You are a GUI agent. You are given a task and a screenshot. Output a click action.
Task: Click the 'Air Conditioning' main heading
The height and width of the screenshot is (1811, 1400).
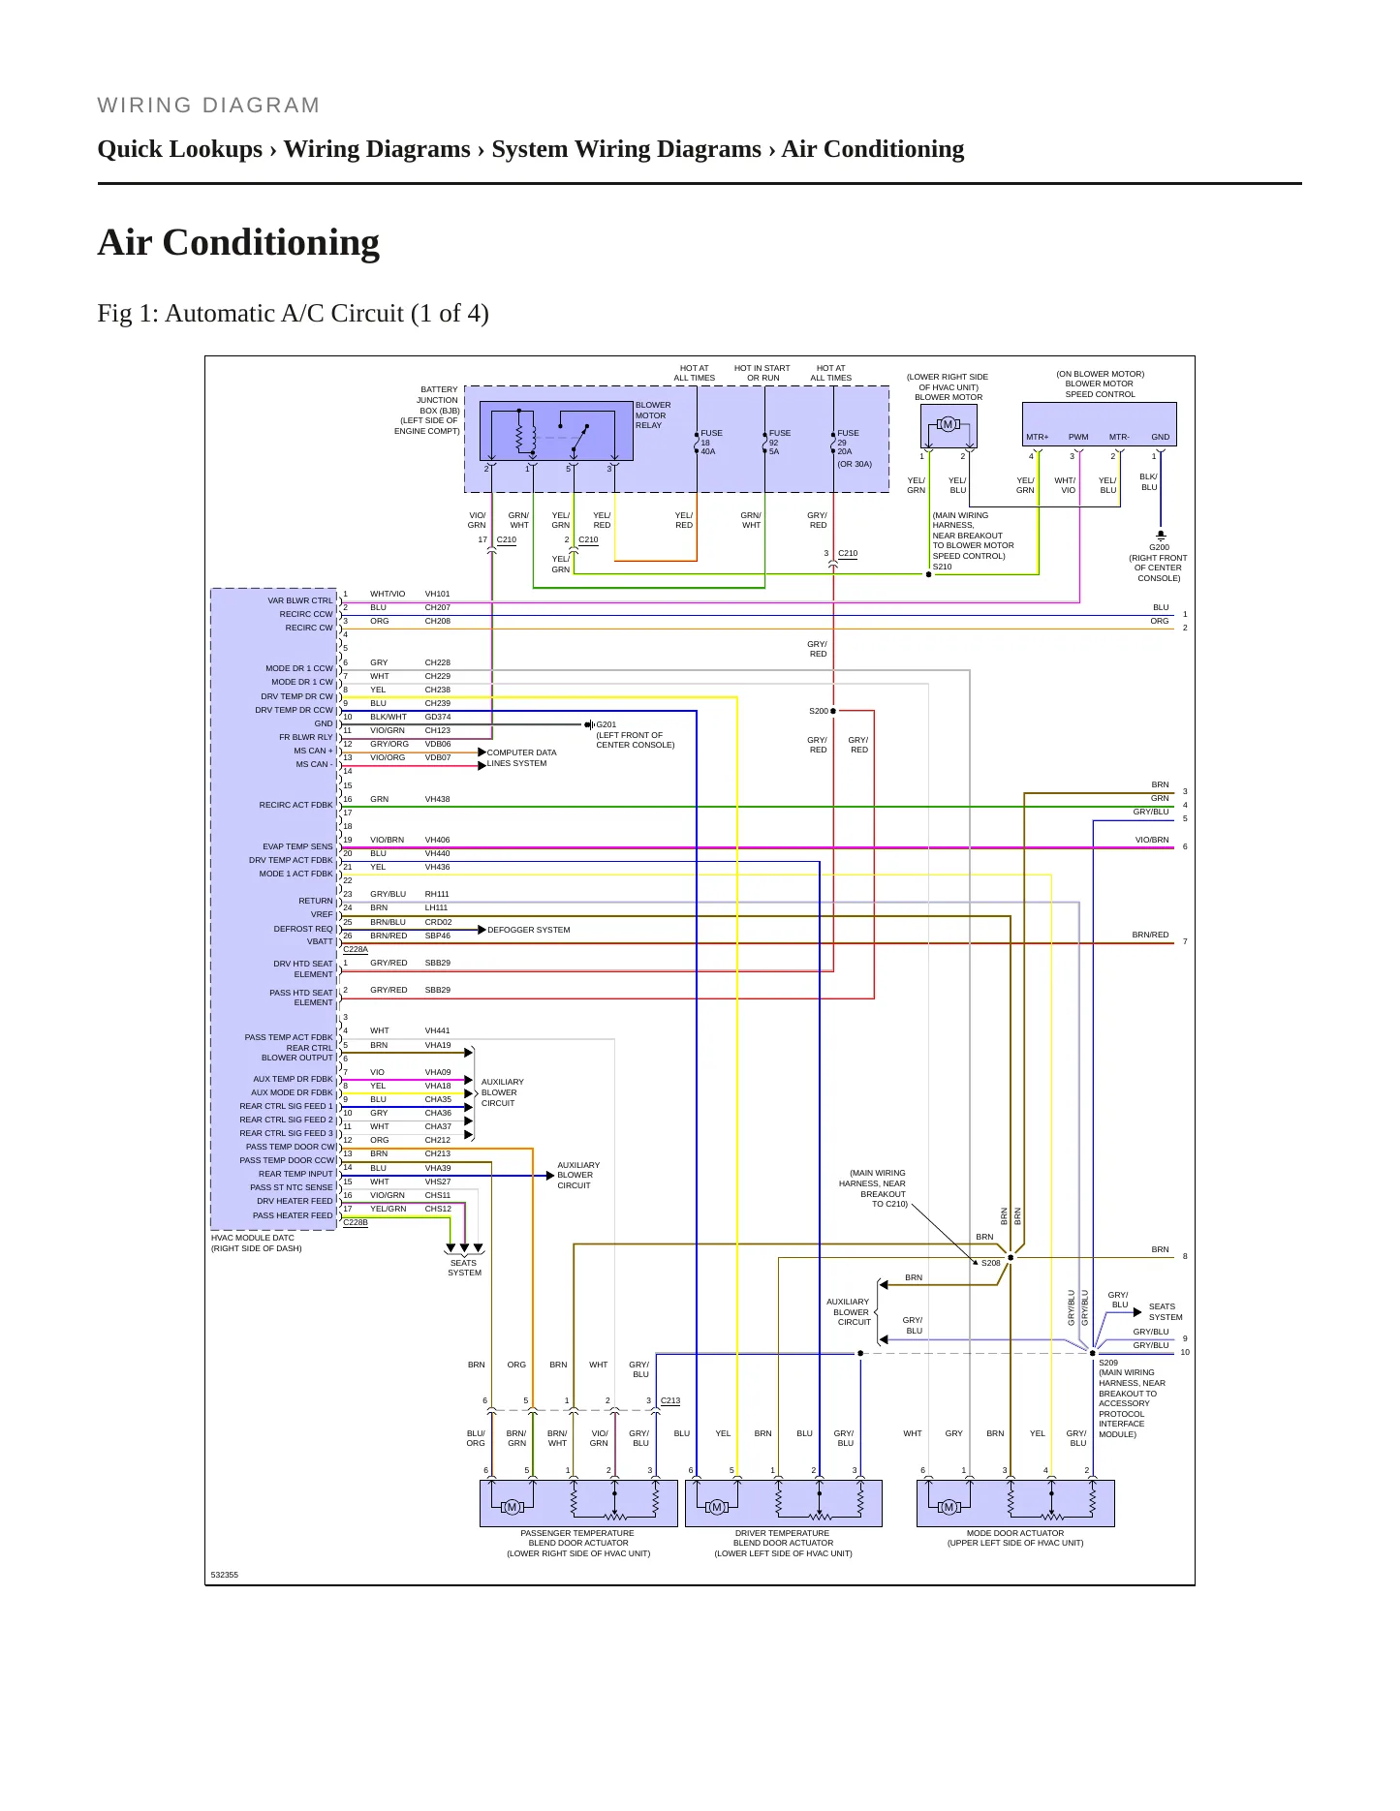click(x=238, y=242)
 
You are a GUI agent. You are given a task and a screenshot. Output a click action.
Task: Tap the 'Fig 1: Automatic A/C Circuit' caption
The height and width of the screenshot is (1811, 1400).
click(x=293, y=314)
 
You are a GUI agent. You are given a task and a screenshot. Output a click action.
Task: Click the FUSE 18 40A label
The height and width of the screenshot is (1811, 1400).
click(x=711, y=443)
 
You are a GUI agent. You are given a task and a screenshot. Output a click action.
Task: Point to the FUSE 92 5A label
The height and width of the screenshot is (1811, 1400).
click(x=779, y=443)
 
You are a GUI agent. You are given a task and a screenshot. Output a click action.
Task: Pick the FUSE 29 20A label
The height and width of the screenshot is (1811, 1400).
click(x=848, y=443)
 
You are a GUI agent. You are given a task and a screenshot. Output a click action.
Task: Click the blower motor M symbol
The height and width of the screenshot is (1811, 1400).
click(x=949, y=424)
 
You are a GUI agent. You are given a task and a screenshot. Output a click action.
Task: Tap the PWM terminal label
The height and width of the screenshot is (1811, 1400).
click(x=1078, y=437)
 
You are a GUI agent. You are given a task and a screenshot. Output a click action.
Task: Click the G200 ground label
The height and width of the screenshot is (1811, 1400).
click(x=1159, y=547)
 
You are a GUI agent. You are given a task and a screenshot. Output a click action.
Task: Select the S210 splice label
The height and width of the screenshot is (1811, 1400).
click(x=943, y=567)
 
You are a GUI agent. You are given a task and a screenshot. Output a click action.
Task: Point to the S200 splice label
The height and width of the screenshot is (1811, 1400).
click(x=819, y=711)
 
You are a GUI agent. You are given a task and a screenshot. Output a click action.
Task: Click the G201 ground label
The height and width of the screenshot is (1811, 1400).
click(x=607, y=724)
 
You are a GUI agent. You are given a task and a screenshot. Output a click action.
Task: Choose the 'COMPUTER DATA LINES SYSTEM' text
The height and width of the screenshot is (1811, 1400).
click(x=521, y=757)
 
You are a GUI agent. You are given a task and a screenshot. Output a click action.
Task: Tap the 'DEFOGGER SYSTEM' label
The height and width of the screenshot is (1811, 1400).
click(x=529, y=930)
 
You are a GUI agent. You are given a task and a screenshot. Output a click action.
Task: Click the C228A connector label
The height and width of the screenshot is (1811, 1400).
click(x=356, y=949)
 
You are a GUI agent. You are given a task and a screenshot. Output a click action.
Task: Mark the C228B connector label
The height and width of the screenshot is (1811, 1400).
click(x=356, y=1222)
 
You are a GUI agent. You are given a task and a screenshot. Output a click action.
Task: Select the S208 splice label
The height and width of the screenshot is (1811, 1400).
click(x=991, y=1263)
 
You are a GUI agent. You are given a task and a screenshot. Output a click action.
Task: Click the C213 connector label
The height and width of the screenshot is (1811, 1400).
click(x=670, y=1400)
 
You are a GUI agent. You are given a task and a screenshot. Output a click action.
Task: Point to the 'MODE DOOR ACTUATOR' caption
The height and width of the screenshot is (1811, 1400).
click(x=1015, y=1533)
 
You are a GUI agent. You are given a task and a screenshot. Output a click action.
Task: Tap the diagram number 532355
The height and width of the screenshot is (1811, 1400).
click(x=225, y=1575)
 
